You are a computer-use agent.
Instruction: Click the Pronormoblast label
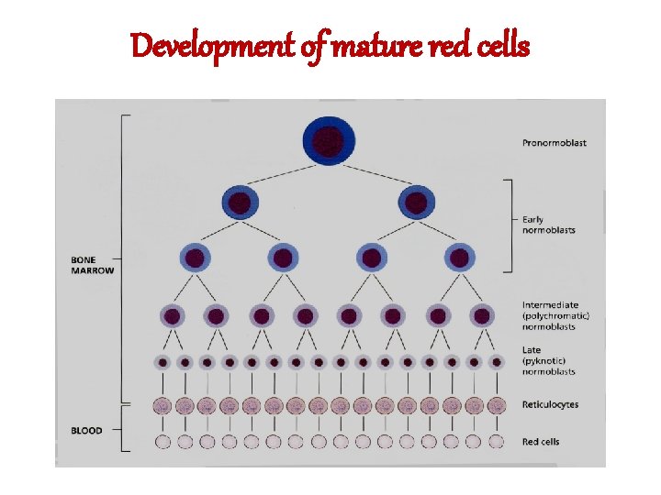pyautogui.click(x=554, y=143)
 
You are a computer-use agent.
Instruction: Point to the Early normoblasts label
pyautogui.click(x=548, y=225)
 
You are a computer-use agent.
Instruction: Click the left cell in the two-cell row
pyautogui.click(x=240, y=203)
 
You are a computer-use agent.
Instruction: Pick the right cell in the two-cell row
pyautogui.click(x=415, y=203)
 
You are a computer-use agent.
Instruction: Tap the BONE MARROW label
pyautogui.click(x=93, y=265)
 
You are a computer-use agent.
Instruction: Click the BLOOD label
pyautogui.click(x=86, y=431)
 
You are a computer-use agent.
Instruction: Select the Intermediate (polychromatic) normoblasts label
pyautogui.click(x=556, y=315)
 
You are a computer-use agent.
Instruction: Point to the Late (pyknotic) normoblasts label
pyautogui.click(x=549, y=361)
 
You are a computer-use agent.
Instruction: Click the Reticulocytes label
pyautogui.click(x=551, y=404)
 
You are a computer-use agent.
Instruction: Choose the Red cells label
pyautogui.click(x=541, y=442)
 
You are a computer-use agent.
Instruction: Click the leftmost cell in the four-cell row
pyautogui.click(x=195, y=258)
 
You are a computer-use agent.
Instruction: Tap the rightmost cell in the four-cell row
pyautogui.click(x=459, y=258)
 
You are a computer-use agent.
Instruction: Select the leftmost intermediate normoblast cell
pyautogui.click(x=172, y=316)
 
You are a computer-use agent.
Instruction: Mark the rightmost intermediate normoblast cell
pyautogui.click(x=482, y=316)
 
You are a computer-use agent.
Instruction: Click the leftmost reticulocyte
pyautogui.click(x=162, y=405)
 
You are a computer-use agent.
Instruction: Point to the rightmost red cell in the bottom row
pyautogui.click(x=496, y=442)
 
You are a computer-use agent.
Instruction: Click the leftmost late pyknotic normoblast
pyautogui.click(x=162, y=362)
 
